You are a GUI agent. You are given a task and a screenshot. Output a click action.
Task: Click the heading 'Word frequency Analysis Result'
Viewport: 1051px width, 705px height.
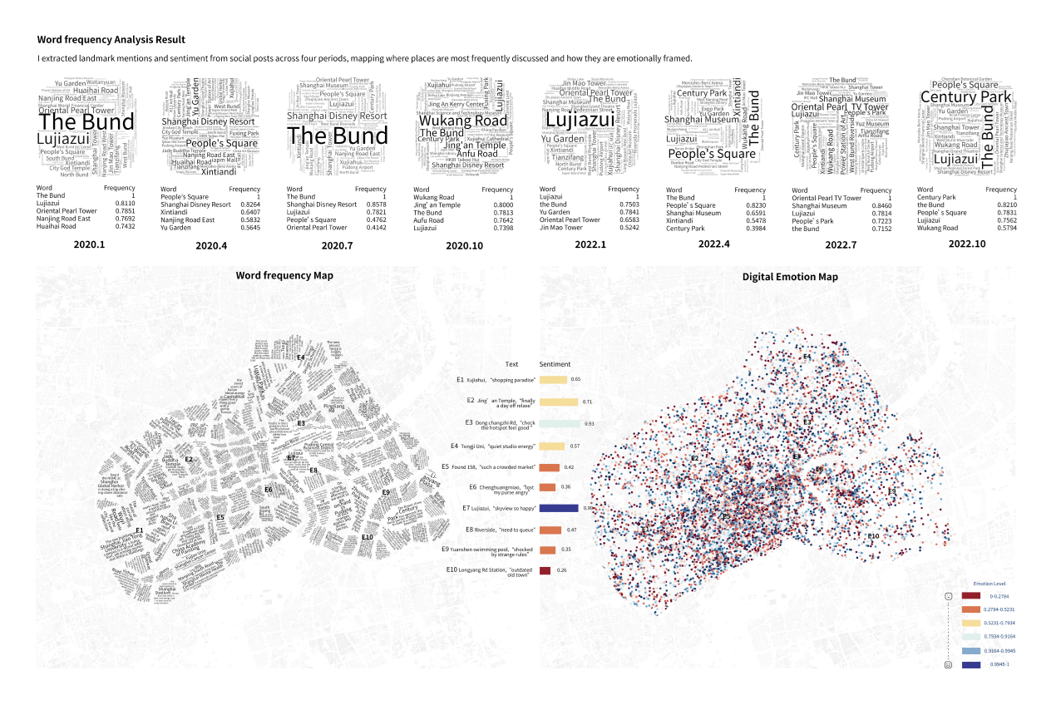click(111, 40)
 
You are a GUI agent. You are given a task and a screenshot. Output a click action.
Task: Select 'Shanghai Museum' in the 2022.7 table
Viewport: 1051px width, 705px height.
click(819, 205)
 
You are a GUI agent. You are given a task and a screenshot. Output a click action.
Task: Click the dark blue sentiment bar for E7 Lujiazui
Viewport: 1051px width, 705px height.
click(559, 507)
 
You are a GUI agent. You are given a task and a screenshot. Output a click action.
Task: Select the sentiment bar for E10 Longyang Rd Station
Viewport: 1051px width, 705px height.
click(545, 570)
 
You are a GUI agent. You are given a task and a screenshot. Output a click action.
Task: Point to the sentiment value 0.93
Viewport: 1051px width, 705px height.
click(589, 424)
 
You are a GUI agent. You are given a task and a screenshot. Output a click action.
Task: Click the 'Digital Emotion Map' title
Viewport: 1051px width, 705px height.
click(790, 277)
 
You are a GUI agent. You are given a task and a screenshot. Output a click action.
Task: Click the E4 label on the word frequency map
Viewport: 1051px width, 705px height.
click(301, 357)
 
